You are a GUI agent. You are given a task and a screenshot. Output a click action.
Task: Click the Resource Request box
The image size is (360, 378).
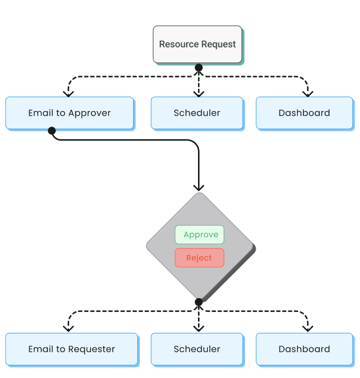click(197, 44)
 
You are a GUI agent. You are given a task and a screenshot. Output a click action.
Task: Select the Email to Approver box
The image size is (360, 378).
click(69, 113)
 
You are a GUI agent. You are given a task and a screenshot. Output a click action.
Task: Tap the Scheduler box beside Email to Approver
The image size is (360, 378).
click(197, 113)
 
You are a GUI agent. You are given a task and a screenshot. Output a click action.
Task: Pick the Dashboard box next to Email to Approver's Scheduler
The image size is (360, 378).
click(304, 113)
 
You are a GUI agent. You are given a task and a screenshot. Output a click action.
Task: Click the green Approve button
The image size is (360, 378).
click(200, 235)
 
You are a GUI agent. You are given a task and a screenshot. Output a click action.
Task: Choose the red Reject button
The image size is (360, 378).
click(199, 258)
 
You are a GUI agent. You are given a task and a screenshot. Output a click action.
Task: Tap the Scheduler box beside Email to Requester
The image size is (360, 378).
click(197, 349)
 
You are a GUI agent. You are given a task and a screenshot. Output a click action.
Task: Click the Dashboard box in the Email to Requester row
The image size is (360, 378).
click(304, 349)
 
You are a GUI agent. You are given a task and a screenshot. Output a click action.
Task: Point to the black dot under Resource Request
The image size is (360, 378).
click(199, 67)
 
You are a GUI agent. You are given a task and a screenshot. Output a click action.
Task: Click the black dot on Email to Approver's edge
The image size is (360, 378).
click(52, 131)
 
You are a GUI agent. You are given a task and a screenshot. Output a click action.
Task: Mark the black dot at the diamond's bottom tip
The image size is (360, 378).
click(199, 302)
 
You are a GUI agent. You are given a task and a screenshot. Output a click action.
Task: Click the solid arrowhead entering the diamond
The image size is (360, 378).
click(199, 187)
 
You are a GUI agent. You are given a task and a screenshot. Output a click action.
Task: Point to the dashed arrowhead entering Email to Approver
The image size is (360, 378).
click(68, 93)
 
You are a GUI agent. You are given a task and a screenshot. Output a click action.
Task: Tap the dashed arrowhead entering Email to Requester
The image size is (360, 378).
click(68, 328)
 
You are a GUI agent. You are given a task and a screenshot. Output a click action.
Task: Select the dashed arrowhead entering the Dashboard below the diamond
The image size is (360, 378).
click(308, 328)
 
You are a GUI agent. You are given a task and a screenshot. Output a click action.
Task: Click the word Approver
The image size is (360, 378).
click(89, 113)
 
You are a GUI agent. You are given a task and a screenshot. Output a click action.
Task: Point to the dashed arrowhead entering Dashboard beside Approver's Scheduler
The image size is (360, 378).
click(308, 93)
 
